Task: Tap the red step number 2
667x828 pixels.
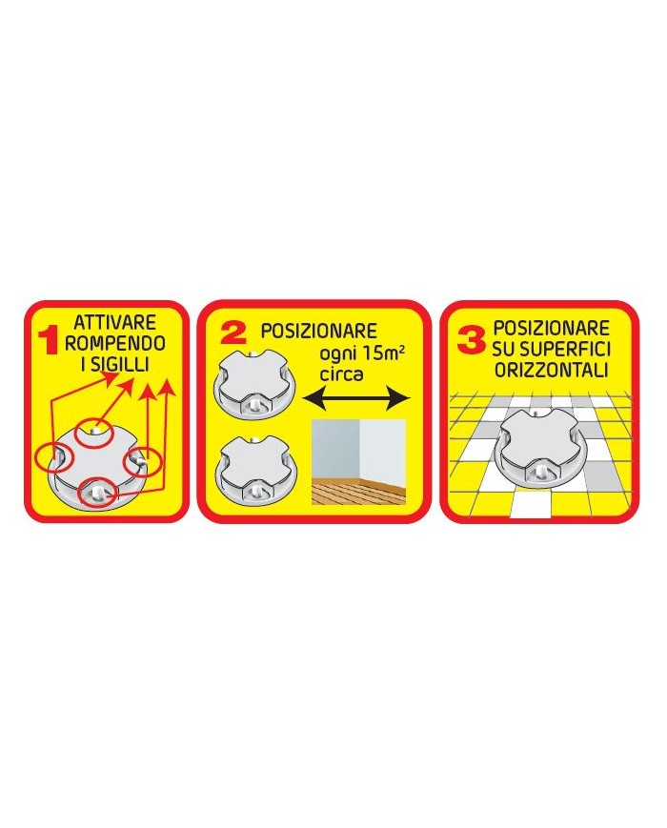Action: point(232,333)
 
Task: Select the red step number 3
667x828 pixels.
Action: point(471,340)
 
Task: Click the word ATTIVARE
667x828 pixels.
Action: point(114,323)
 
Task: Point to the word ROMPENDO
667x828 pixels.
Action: point(115,343)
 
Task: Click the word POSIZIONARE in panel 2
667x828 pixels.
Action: point(319,331)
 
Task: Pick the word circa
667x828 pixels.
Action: point(341,374)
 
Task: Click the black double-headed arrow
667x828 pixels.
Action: point(356,398)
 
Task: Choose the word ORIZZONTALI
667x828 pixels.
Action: point(552,370)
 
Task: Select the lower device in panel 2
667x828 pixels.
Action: point(257,467)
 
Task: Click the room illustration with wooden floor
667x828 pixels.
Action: point(358,462)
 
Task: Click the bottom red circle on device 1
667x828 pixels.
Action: point(97,494)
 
